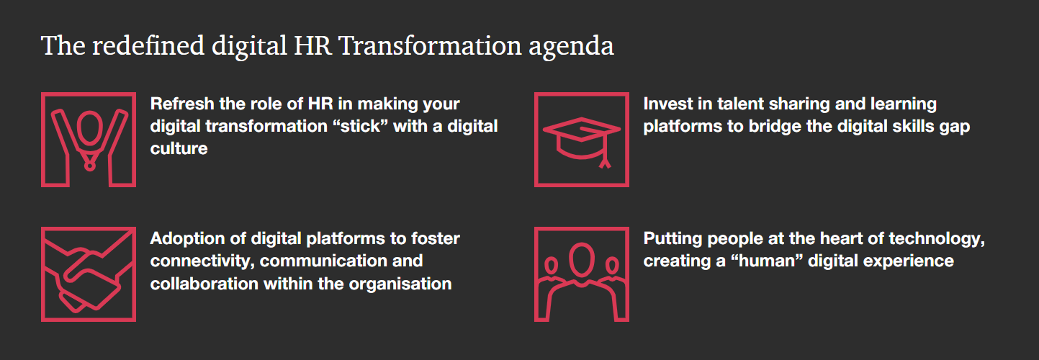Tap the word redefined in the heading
click(x=148, y=45)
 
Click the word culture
click(x=179, y=148)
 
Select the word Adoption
click(x=187, y=238)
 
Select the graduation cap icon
click(x=582, y=140)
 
